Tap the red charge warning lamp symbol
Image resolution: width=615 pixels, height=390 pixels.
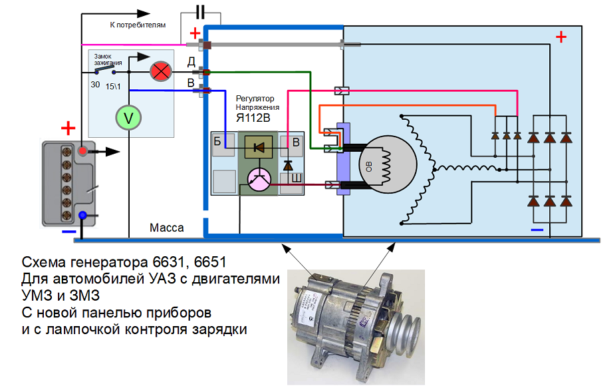pos(160,72)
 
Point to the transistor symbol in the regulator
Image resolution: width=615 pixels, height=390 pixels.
pos(258,178)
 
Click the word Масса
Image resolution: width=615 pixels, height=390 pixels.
pos(167,228)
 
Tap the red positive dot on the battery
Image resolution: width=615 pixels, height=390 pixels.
pos(82,151)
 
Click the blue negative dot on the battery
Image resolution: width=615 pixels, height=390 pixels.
pos(82,216)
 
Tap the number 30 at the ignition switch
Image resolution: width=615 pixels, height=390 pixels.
pos(95,85)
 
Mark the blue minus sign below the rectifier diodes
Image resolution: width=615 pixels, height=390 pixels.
pos(537,230)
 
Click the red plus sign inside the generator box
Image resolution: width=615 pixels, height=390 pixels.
pos(561,37)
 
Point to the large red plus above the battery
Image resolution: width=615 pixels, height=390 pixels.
pos(68,128)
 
